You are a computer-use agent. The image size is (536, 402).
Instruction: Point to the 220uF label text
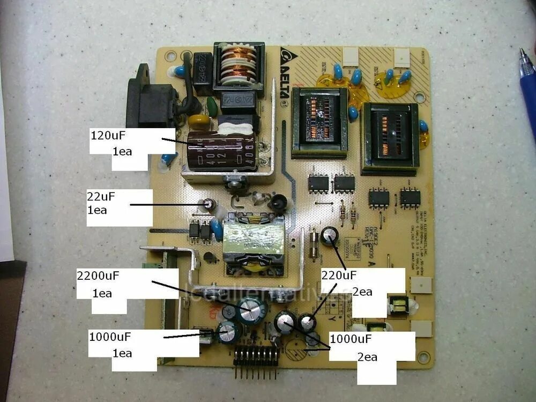tap(339, 276)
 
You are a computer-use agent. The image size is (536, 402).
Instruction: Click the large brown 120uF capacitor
tap(220, 150)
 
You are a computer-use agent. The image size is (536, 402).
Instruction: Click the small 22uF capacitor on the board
tap(210, 204)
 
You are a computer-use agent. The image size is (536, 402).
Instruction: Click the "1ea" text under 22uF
tap(97, 210)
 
